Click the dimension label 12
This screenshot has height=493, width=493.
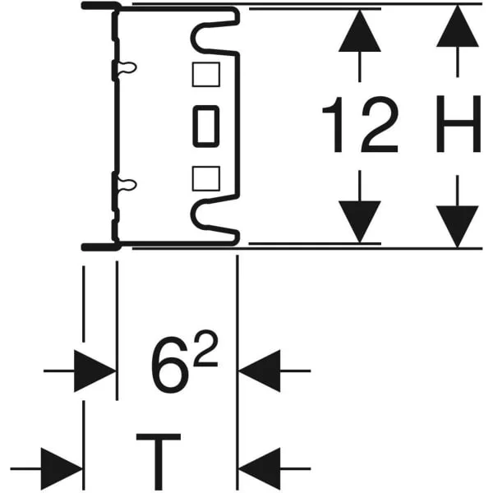[x=361, y=124]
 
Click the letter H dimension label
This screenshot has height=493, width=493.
[x=458, y=124]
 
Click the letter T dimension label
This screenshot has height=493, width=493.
[x=159, y=462]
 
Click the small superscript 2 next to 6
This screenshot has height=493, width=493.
[x=206, y=348]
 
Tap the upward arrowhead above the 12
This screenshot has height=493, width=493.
[x=360, y=30]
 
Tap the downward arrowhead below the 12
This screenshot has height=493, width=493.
[x=360, y=222]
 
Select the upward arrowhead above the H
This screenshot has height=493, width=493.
[x=458, y=25]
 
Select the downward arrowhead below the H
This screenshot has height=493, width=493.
[x=458, y=227]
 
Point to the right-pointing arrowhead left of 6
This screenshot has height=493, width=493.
[x=95, y=371]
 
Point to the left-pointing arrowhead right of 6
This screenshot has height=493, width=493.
[x=260, y=371]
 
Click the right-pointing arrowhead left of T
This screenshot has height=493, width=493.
[x=62, y=469]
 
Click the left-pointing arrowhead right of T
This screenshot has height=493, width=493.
[x=260, y=469]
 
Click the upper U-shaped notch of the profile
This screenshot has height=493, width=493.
[x=192, y=38]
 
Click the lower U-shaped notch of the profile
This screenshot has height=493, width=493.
[x=192, y=214]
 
